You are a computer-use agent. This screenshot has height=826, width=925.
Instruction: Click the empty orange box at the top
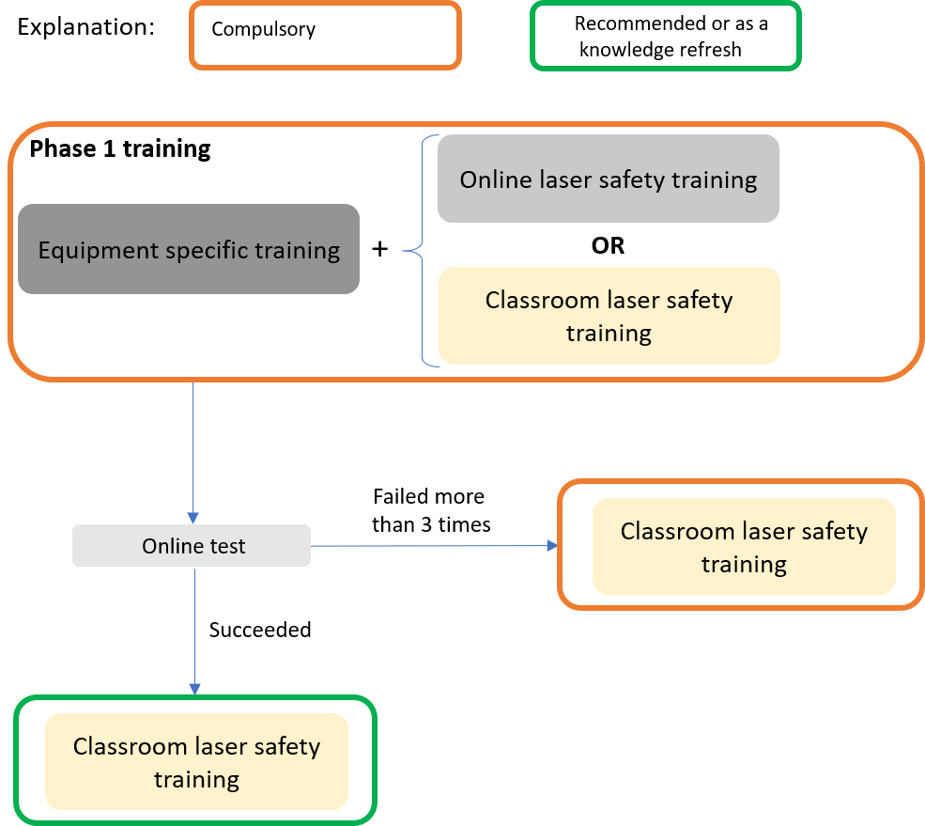[325, 35]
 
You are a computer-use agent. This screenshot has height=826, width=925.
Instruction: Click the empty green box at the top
[666, 36]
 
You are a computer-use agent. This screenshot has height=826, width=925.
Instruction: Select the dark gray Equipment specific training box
[189, 249]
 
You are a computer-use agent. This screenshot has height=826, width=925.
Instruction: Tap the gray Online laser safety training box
[609, 179]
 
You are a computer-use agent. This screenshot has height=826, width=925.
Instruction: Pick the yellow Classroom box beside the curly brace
[609, 316]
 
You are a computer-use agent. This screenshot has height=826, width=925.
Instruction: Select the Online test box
[192, 546]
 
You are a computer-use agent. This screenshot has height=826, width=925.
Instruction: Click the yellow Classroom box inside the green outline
[196, 762]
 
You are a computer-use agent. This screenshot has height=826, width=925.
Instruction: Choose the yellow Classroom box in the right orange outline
[744, 547]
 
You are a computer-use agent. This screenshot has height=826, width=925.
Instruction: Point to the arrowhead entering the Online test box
[193, 518]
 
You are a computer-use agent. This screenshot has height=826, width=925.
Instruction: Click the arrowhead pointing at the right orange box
[549, 545]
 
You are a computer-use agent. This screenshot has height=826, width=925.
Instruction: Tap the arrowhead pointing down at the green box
[194, 689]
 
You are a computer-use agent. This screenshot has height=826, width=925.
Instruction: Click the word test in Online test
[229, 546]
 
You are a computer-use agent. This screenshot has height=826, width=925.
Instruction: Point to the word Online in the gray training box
[497, 179]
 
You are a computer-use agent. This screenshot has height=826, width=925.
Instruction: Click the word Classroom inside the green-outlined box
[131, 746]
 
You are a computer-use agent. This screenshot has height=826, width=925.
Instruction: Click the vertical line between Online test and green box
[194, 625]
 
